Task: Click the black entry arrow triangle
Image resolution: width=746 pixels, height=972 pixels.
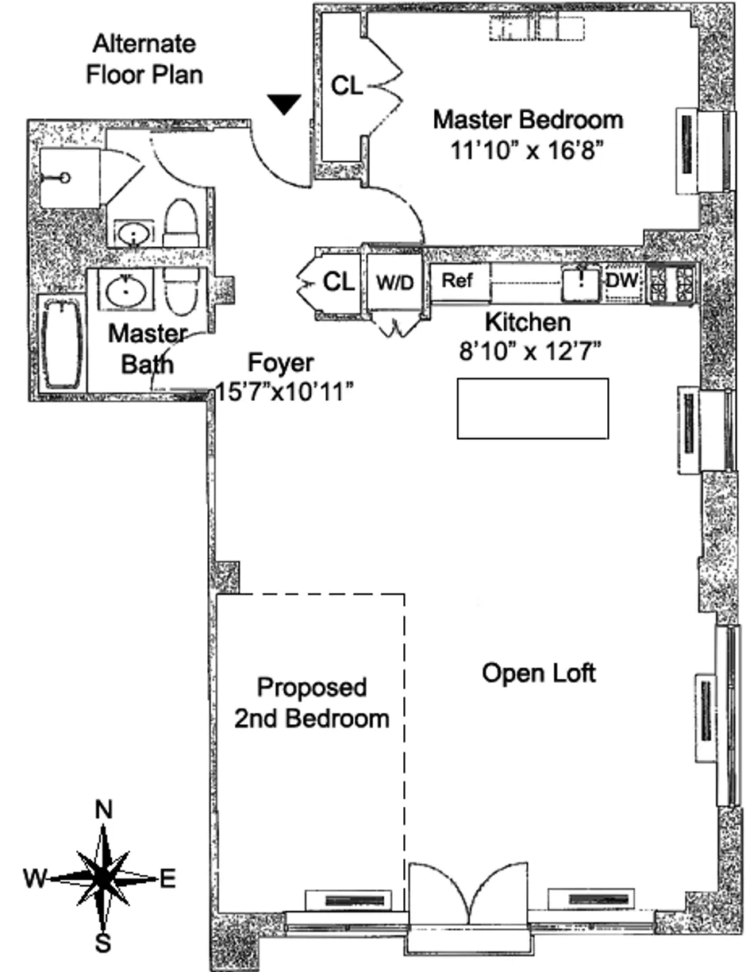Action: tap(284, 104)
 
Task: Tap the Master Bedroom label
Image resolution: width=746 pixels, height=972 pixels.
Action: tap(528, 120)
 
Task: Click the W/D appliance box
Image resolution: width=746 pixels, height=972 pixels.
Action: tap(394, 282)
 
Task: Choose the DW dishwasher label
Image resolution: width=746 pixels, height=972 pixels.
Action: tap(622, 280)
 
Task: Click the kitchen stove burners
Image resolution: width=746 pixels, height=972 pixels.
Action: tap(672, 283)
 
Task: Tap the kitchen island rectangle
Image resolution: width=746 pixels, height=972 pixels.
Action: tap(533, 408)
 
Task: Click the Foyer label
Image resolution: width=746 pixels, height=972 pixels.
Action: tap(281, 363)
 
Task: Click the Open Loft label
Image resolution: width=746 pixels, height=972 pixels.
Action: tap(539, 673)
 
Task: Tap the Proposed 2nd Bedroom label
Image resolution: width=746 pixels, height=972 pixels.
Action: tap(312, 703)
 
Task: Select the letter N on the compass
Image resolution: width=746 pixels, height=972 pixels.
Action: tap(104, 808)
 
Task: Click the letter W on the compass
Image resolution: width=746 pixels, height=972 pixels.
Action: tap(34, 878)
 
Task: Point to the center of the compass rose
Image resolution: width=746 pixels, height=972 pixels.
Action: tap(103, 877)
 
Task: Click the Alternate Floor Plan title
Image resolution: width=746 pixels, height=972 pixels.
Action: tap(144, 60)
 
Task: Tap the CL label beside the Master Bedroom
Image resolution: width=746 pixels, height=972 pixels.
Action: tap(347, 85)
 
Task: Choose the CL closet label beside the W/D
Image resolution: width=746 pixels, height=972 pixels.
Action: tap(339, 282)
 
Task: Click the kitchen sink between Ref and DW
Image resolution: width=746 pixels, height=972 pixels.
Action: tap(581, 283)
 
